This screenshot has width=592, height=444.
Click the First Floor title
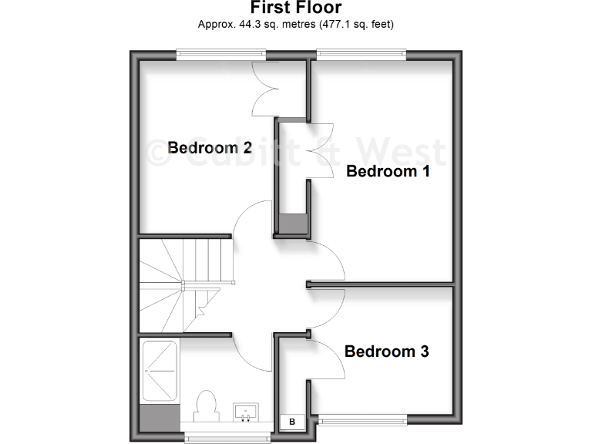click(x=296, y=8)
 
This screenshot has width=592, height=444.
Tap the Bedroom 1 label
click(x=388, y=171)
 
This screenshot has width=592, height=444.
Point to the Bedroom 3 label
click(x=386, y=352)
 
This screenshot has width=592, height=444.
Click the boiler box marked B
click(x=292, y=422)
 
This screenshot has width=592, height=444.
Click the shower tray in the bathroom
click(x=160, y=371)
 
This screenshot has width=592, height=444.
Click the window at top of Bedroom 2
click(x=221, y=54)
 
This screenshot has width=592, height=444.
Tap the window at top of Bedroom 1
click(x=361, y=54)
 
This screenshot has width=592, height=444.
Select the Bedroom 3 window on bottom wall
click(x=362, y=420)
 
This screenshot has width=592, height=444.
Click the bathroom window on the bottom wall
click(x=229, y=437)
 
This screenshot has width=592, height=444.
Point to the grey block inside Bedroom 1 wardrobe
click(x=293, y=223)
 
